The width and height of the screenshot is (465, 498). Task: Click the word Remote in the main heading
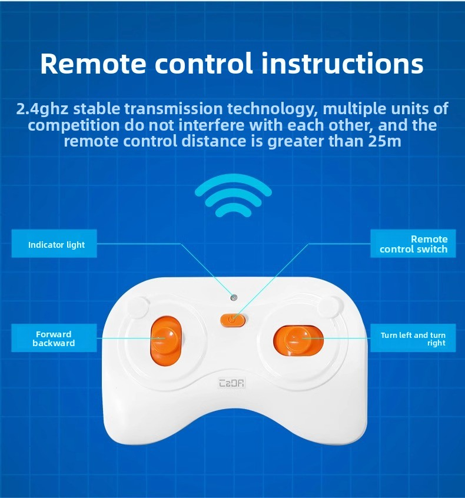pyautogui.click(x=93, y=64)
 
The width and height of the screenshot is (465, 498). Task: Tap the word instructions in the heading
pyautogui.click(x=343, y=63)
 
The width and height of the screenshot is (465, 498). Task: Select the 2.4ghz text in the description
pyautogui.click(x=42, y=109)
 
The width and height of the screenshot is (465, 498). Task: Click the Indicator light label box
pyautogui.click(x=54, y=244)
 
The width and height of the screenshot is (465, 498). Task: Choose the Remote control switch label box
pyautogui.click(x=413, y=244)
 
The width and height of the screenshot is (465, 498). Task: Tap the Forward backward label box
pyautogui.click(x=54, y=338)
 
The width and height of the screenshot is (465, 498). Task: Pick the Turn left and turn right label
pyautogui.click(x=413, y=338)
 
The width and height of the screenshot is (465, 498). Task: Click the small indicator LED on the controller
pyautogui.click(x=234, y=298)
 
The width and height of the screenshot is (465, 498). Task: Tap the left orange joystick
pyautogui.click(x=166, y=340)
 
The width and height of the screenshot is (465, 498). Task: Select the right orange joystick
pyautogui.click(x=298, y=340)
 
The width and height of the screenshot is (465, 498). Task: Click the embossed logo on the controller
pyautogui.click(x=232, y=383)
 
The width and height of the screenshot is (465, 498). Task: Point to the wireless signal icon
pyautogui.click(x=234, y=195)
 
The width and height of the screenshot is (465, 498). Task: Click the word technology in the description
pyautogui.click(x=270, y=109)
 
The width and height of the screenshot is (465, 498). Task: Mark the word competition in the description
pyautogui.click(x=74, y=125)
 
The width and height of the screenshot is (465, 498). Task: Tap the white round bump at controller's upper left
pyautogui.click(x=138, y=307)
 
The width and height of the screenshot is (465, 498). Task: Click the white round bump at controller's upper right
pyautogui.click(x=331, y=307)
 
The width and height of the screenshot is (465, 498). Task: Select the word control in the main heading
pyautogui.click(x=204, y=63)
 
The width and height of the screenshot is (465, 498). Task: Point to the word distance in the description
pyautogui.click(x=214, y=141)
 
